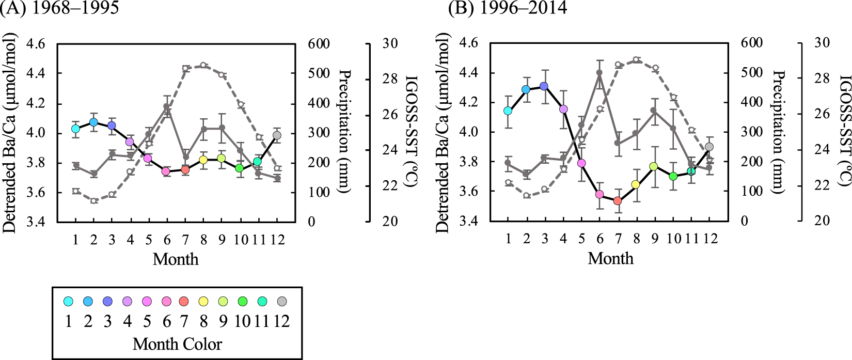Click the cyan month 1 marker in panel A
click(x=75, y=129)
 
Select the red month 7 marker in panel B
click(x=618, y=200)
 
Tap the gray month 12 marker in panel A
click(x=277, y=135)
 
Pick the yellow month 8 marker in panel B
click(x=636, y=184)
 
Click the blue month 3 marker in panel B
click(x=544, y=86)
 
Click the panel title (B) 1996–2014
click(x=508, y=8)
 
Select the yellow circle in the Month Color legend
click(x=203, y=301)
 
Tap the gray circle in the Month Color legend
click(x=281, y=301)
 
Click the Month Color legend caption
click(x=177, y=344)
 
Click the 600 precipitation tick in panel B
click(x=752, y=43)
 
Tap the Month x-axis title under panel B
click(x=610, y=258)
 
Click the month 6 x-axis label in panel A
click(x=166, y=240)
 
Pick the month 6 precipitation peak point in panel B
click(x=599, y=73)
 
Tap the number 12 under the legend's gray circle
click(x=281, y=321)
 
